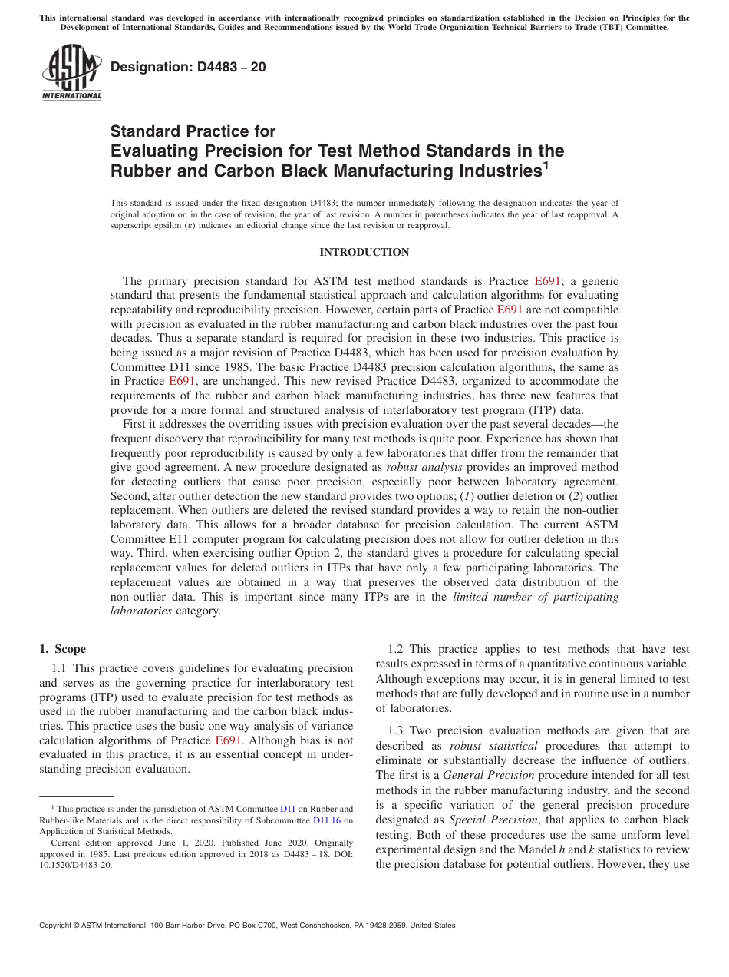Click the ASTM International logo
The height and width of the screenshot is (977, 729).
tap(71, 74)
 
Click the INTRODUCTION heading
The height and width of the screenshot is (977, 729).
tap(364, 252)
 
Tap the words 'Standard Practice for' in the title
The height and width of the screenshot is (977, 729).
tap(193, 131)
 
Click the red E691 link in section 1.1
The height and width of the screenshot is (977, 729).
tap(229, 740)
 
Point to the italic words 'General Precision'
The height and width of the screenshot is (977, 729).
tap(482, 776)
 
